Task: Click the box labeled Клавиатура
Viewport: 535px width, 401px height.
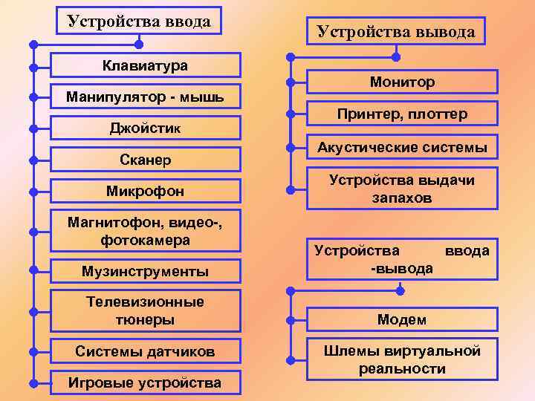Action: [x=145, y=65]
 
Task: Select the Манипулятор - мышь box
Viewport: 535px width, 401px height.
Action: [x=145, y=97]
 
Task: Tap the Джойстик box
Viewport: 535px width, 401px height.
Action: [x=145, y=128]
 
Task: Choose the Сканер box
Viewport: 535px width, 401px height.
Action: [x=145, y=160]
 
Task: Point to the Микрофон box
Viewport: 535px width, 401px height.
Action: [x=145, y=192]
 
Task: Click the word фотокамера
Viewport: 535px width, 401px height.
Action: [x=145, y=241]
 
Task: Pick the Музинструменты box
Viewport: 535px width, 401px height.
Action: [x=145, y=272]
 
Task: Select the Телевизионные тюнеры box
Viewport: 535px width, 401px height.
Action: [x=145, y=310]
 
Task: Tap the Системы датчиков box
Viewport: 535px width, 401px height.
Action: [x=145, y=351]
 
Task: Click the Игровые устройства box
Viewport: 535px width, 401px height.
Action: [x=145, y=383]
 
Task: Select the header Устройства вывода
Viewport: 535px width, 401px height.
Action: [x=395, y=31]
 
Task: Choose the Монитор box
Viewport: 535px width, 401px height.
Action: [x=401, y=82]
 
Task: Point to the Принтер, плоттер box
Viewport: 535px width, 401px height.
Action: [x=401, y=114]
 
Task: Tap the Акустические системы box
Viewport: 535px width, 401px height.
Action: [x=401, y=148]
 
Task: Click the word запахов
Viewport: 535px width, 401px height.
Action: [x=401, y=198]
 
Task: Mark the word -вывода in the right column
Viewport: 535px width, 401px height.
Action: [x=401, y=268]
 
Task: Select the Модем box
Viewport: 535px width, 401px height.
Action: [x=401, y=319]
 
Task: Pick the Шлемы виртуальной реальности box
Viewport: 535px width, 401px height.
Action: [x=401, y=359]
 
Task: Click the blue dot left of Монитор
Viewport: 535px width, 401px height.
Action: [x=291, y=82]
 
